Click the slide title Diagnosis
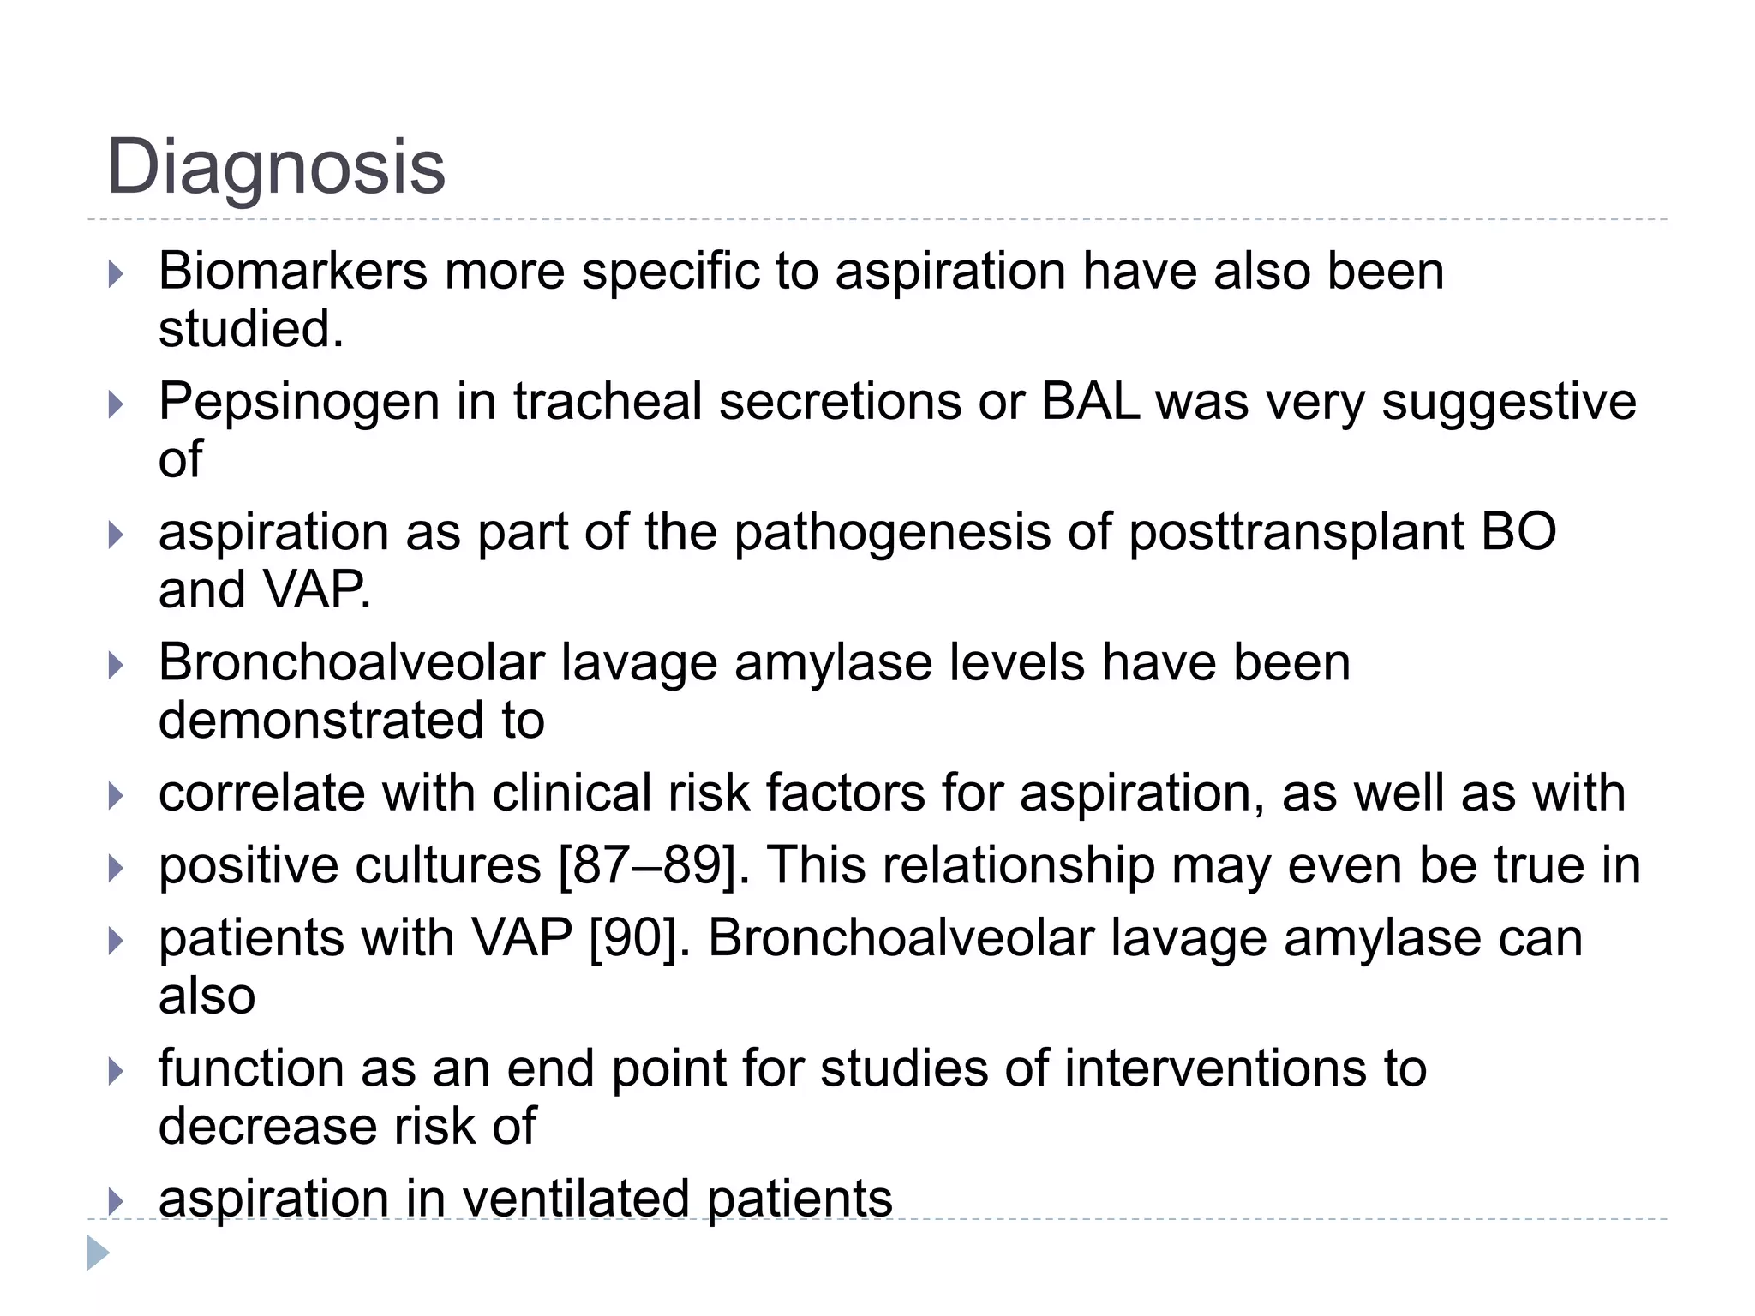pos(275,167)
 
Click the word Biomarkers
pos(292,272)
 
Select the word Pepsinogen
pos(298,402)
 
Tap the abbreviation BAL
pos(1089,402)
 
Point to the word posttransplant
pos(1296,532)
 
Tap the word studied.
pos(250,329)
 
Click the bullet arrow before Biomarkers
pos(116,274)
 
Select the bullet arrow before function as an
pos(116,1071)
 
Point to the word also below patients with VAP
pos(207,996)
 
